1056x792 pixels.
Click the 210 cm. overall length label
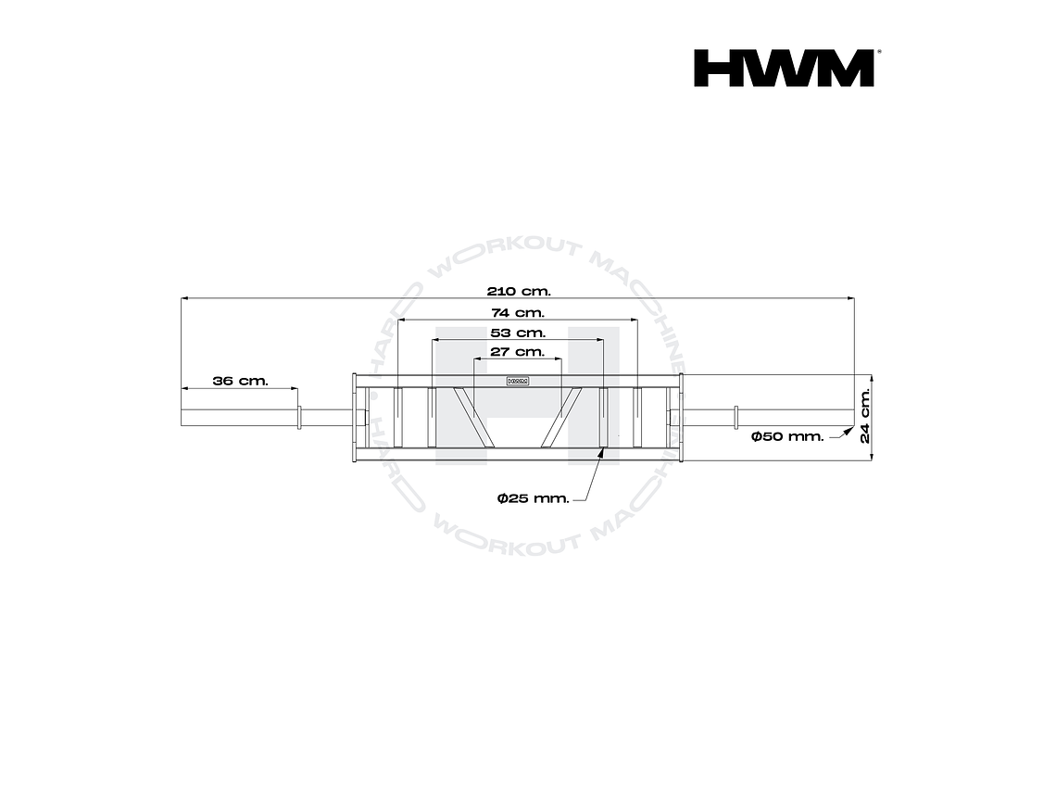pos(519,291)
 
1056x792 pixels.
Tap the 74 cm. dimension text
pos(518,313)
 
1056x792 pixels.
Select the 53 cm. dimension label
pos(518,333)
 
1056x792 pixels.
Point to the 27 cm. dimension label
pos(517,352)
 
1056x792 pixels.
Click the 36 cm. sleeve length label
pos(240,381)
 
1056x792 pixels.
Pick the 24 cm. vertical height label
pos(865,415)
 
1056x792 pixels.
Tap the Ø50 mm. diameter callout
pos(787,436)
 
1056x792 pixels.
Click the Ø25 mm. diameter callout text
pos(533,498)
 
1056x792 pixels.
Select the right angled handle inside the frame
pos(562,415)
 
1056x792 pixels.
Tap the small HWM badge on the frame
pos(517,381)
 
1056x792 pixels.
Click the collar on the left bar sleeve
pos(299,417)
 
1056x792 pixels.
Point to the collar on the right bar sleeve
pos(734,417)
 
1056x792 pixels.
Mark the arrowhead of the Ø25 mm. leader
pos(603,451)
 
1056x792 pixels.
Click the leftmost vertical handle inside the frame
pos(398,416)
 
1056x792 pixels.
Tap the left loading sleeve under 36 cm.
pos(239,417)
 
